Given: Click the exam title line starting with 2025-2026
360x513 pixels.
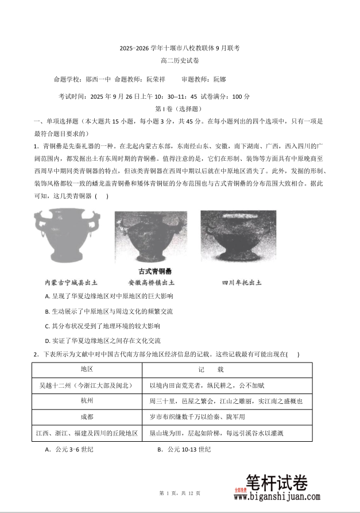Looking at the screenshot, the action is (180, 48).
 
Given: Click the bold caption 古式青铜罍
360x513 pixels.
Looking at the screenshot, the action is (155, 272).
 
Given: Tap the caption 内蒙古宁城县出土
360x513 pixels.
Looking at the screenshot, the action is (71, 283).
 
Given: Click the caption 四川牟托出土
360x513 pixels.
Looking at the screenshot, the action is (241, 283).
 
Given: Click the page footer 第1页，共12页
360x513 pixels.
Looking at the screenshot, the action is (180, 493).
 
